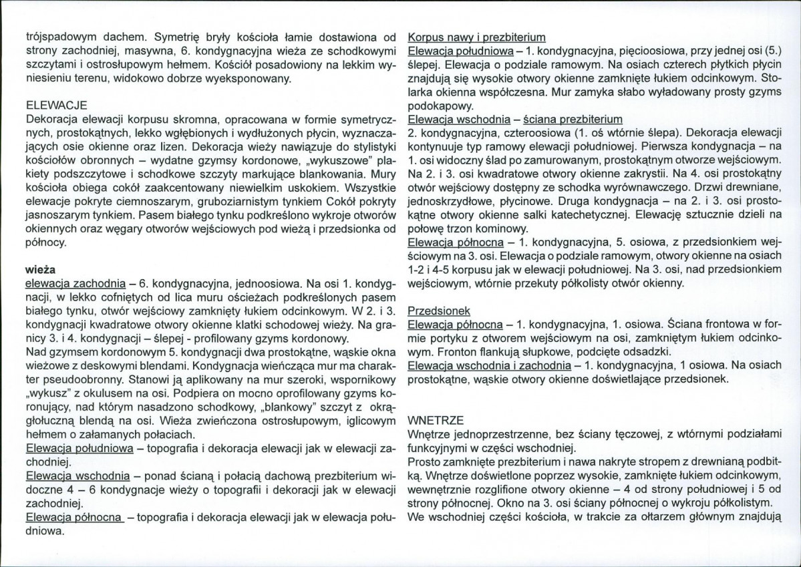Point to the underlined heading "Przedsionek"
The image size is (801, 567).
point(438,311)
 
